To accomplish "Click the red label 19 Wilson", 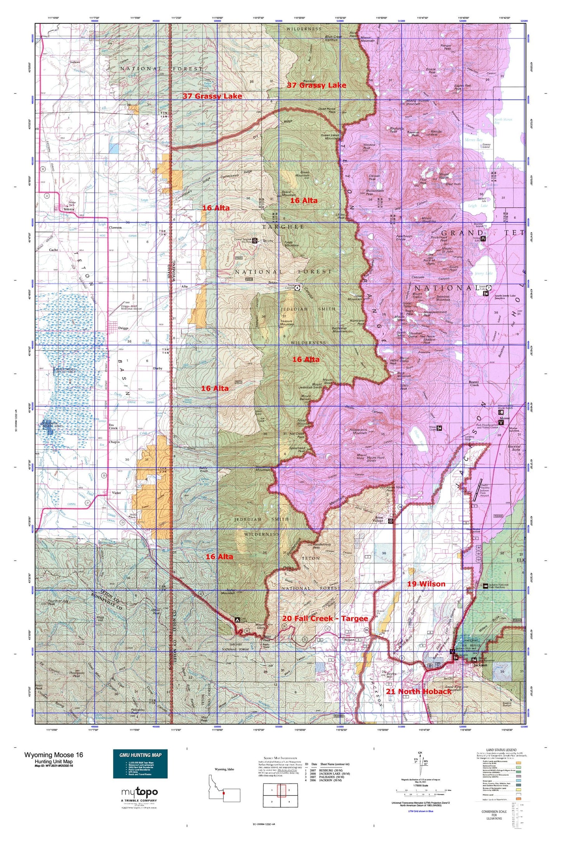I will [426, 584].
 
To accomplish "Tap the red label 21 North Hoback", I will [419, 691].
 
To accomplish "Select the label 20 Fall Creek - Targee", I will [325, 618].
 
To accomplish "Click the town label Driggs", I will [123, 328].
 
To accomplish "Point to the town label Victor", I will [116, 493].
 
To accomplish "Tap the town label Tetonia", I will [69, 209].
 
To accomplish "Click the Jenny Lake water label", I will [483, 273].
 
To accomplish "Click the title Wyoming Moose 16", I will [54, 754].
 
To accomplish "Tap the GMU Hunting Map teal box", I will [140, 763].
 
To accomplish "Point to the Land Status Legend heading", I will [501, 750].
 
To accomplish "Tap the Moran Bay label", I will [474, 140].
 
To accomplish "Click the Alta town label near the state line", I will [184, 286].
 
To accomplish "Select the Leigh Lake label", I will [477, 206].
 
